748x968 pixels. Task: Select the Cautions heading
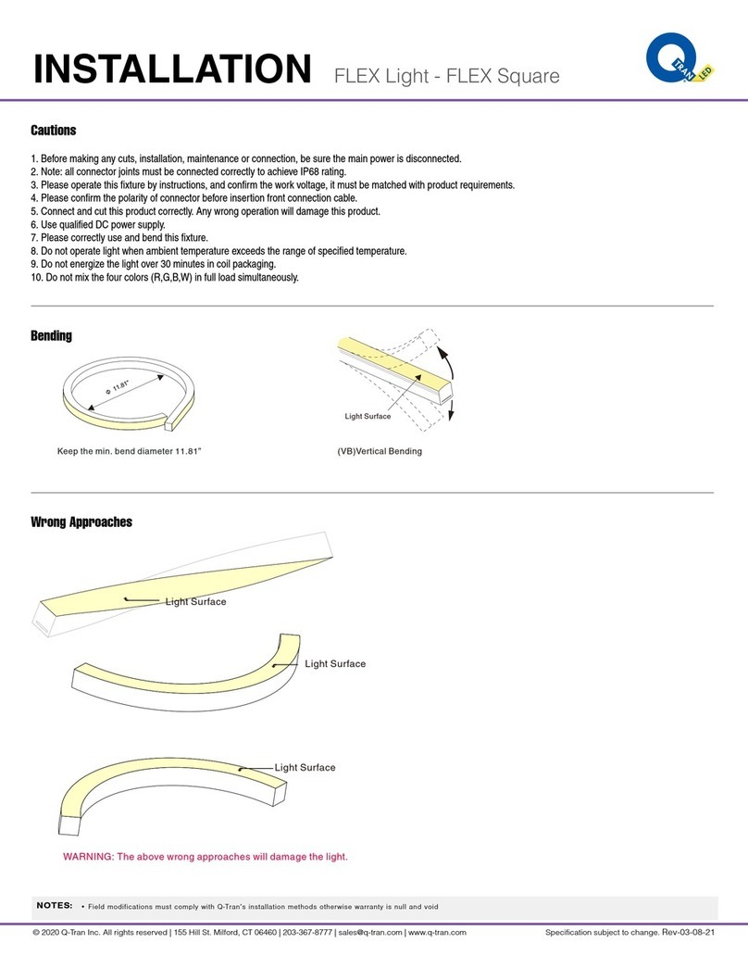54,131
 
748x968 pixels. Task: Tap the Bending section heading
52,335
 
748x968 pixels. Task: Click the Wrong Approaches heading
81,522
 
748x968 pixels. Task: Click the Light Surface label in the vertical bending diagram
368,417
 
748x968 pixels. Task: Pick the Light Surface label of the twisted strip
195,602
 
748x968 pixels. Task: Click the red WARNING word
86,857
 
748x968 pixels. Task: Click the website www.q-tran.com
437,932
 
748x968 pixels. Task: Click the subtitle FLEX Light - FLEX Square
446,75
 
